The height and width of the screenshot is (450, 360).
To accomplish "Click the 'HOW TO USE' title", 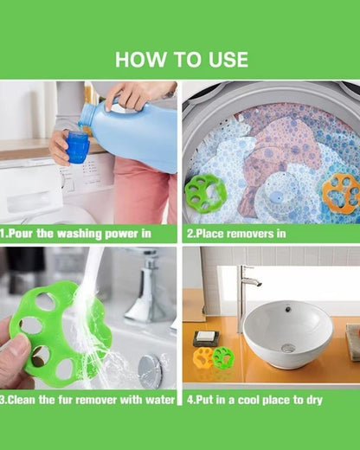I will [x=181, y=60].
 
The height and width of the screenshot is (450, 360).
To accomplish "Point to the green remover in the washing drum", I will [x=205, y=192].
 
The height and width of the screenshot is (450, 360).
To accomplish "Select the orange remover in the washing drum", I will [x=340, y=193].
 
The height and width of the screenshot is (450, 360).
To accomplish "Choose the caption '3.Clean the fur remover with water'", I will [x=88, y=399].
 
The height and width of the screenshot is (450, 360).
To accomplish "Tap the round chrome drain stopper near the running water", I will [x=150, y=370].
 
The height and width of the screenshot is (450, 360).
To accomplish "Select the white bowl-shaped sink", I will [x=287, y=333].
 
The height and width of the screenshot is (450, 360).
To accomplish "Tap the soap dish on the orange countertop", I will [x=205, y=337].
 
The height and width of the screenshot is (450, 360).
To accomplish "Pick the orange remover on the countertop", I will [x=204, y=357].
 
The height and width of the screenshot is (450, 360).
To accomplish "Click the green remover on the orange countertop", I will [x=222, y=357].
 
